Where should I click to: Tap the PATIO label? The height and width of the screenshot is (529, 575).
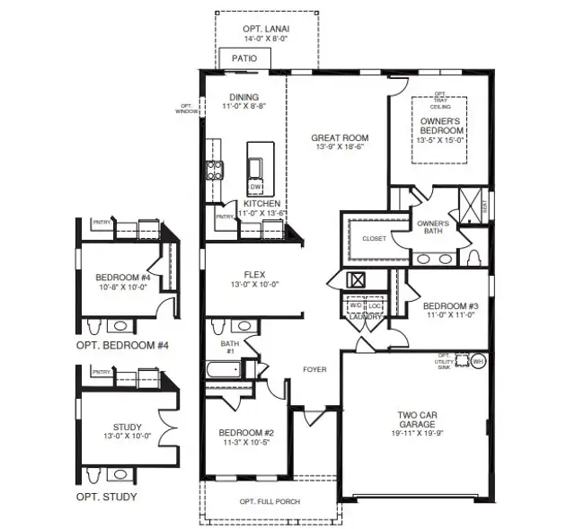(x=244, y=58)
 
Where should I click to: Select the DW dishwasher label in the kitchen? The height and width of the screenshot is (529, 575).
(x=256, y=187)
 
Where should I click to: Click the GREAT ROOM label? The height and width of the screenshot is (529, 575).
(x=340, y=138)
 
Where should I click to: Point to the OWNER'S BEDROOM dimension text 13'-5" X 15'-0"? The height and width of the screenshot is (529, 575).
(x=441, y=139)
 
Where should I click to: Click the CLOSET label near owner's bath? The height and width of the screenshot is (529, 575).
(x=374, y=239)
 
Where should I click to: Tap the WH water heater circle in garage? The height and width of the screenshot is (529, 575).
(x=478, y=361)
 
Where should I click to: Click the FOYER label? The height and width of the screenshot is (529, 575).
(x=314, y=369)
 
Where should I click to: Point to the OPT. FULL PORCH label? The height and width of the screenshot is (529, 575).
(x=270, y=501)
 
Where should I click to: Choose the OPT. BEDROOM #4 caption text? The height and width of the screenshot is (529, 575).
(x=122, y=345)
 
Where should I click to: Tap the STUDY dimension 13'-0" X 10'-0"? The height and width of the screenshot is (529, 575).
(x=122, y=436)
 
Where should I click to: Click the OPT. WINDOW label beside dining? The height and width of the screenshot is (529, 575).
(x=187, y=109)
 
